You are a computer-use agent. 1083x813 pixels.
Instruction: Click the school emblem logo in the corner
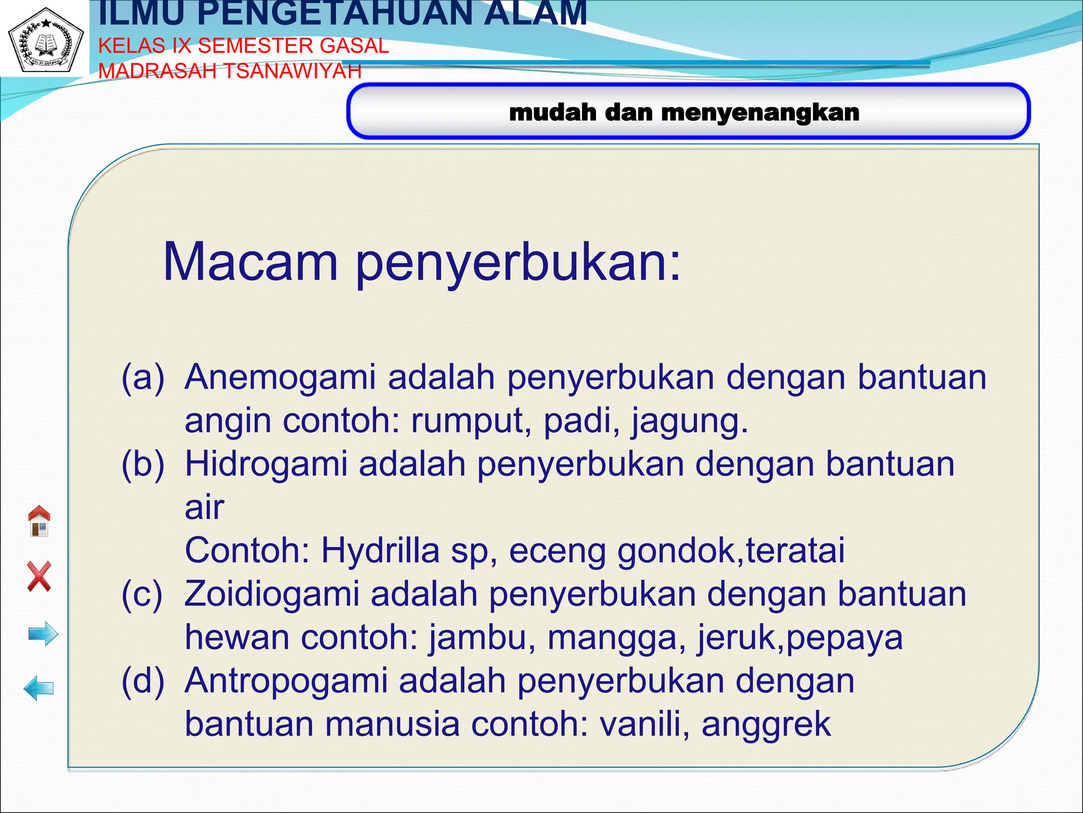[45, 40]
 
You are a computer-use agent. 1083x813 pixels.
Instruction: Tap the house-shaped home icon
[39, 521]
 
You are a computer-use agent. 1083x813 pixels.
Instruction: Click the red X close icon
[39, 576]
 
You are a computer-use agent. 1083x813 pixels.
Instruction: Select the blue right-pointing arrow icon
[43, 634]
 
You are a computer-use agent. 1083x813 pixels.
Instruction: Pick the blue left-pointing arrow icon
[39, 688]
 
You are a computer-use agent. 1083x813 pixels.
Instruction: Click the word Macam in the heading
[250, 261]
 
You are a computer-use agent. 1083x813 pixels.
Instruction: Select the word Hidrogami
[266, 464]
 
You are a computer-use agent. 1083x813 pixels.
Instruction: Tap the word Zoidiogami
[272, 593]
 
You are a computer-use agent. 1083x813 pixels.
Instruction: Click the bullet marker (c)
[142, 594]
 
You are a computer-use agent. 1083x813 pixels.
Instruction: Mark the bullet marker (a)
[143, 377]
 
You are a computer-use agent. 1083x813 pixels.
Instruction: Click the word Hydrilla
[380, 550]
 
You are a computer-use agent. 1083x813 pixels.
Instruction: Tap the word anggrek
[766, 725]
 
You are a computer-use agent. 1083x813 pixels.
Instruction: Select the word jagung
[689, 421]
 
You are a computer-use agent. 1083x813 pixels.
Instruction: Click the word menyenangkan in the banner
[760, 112]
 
